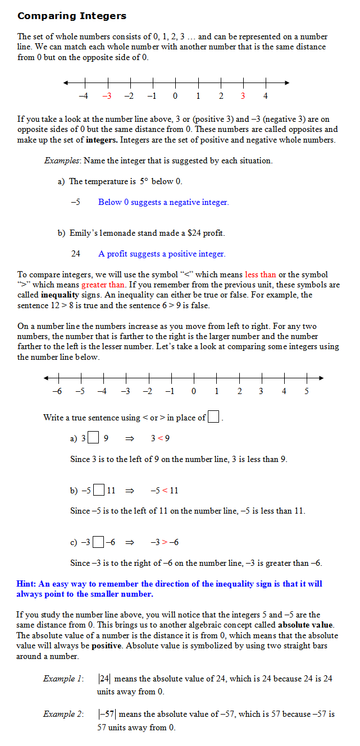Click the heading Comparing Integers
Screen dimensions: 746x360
[72, 16]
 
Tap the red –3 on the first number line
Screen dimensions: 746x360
[107, 96]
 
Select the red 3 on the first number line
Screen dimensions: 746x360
[243, 96]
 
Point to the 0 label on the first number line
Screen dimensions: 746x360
[175, 96]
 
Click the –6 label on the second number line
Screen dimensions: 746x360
[57, 391]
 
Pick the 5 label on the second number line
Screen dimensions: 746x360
[307, 391]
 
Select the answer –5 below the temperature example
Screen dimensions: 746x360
[75, 202]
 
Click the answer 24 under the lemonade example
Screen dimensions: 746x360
[76, 254]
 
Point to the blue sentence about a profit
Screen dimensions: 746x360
[162, 254]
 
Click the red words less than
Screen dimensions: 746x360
[261, 274]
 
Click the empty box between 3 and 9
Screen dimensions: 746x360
[94, 438]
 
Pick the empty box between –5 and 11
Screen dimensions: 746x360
[99, 490]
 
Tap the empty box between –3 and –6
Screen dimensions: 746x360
[98, 542]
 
